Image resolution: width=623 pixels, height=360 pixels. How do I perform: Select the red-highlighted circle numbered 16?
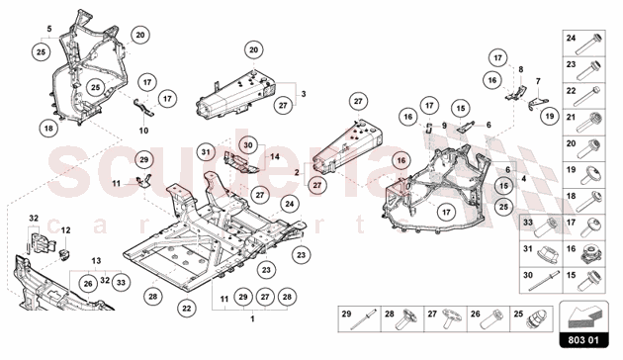point(400,158)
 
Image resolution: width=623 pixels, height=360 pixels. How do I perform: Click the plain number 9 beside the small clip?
point(446,125)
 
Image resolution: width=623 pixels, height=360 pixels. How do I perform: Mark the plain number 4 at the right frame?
point(524,180)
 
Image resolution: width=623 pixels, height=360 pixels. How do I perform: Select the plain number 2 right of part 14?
point(296,171)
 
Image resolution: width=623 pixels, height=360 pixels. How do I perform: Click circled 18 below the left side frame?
point(46,128)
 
